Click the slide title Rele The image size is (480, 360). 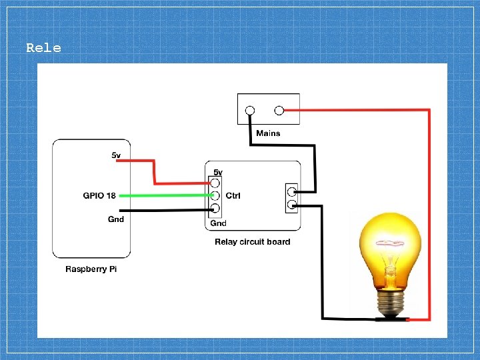(x=43, y=48)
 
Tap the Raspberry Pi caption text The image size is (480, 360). (x=91, y=269)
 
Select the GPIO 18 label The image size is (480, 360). (x=99, y=195)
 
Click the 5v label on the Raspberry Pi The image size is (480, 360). (x=116, y=155)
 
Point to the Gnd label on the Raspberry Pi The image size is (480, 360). (x=116, y=219)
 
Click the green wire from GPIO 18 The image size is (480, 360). (x=166, y=195)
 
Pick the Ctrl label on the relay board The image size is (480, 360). (x=233, y=195)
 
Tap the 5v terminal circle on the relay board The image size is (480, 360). (x=215, y=183)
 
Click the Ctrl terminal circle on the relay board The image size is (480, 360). (x=215, y=195)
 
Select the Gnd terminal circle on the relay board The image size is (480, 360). (x=215, y=208)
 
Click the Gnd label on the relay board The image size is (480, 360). (x=218, y=223)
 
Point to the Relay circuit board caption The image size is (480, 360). (x=253, y=242)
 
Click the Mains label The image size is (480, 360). (x=268, y=133)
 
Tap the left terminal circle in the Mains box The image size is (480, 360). (x=250, y=110)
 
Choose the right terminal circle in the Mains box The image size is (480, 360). (x=279, y=110)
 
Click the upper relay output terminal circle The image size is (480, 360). (x=292, y=192)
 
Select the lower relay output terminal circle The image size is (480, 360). (x=292, y=204)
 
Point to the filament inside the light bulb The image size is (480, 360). (x=390, y=244)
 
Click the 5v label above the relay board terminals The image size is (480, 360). (x=218, y=173)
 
